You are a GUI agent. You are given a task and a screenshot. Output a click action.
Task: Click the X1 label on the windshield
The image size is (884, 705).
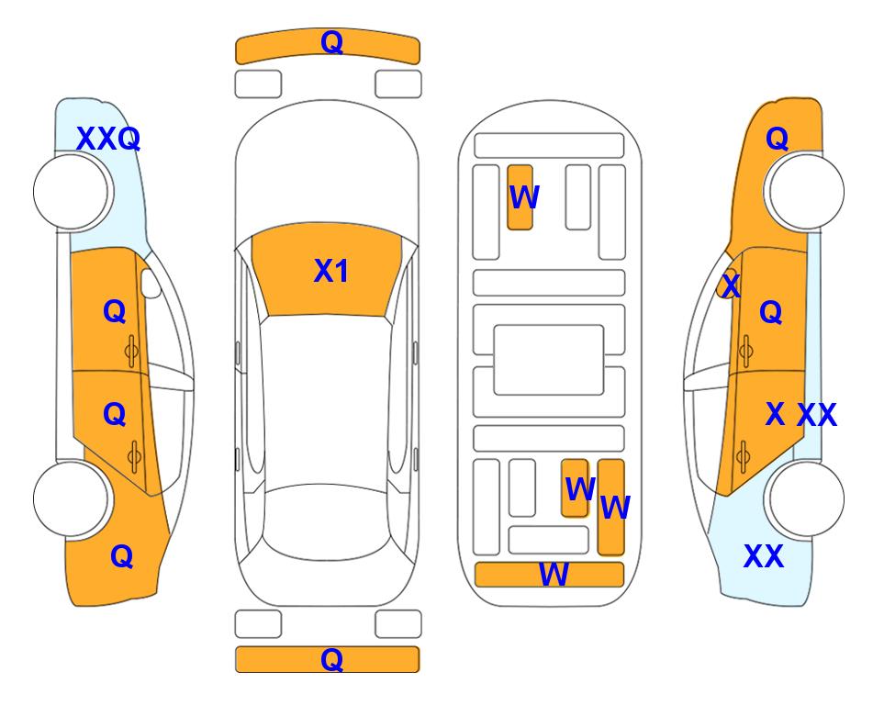[331, 271]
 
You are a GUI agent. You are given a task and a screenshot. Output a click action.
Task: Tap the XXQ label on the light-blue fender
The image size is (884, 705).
[108, 139]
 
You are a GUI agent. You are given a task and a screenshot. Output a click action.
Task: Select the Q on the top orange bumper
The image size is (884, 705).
[332, 42]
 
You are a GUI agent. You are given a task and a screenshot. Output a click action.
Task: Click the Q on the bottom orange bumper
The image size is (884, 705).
[332, 659]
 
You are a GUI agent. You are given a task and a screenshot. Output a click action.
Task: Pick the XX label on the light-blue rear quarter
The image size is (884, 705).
[764, 556]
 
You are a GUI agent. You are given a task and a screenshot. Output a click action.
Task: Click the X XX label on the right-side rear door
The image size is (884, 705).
[801, 415]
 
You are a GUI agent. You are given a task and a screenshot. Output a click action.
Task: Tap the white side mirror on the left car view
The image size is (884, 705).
[151, 283]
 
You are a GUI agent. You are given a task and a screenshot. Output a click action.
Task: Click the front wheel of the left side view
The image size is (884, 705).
[71, 192]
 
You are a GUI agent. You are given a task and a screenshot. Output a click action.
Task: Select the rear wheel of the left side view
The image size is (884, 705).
[71, 498]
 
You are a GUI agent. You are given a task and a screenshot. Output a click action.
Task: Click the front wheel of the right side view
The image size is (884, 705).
[806, 192]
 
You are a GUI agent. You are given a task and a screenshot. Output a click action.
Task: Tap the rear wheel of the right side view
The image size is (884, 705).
[806, 498]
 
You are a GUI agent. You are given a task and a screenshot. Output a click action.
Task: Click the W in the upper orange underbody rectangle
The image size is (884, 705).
[524, 197]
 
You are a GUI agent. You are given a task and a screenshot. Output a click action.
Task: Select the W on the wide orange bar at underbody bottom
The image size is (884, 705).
[554, 575]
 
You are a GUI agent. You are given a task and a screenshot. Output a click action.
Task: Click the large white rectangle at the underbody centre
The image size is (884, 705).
[549, 360]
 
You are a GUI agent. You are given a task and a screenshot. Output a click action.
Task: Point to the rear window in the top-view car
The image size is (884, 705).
[327, 521]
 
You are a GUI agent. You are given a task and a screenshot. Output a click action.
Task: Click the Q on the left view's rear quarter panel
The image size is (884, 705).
[122, 557]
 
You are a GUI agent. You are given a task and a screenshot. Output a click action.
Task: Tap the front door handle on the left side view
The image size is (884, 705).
[132, 352]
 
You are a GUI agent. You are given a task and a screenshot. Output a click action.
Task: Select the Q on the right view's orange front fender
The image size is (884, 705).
[777, 139]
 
